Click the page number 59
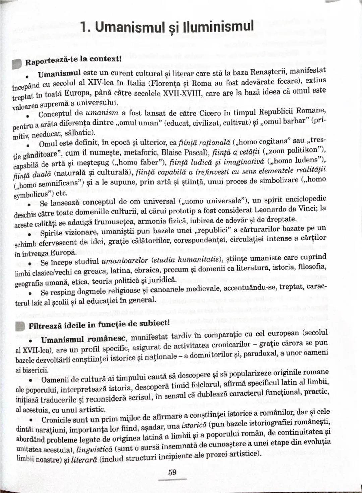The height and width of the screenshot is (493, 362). click(172, 472)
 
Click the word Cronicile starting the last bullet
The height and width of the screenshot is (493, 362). click(56, 420)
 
